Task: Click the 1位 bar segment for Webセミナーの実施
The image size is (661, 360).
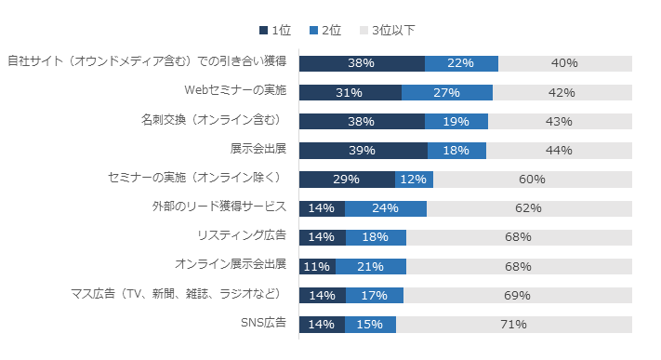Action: click(350, 92)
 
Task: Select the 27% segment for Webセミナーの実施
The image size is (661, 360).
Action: click(446, 92)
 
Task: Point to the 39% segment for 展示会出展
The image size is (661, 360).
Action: click(363, 151)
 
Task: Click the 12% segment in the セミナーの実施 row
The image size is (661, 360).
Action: click(414, 180)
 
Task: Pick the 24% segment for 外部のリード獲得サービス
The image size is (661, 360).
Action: click(385, 208)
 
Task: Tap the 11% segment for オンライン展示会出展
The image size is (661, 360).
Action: click(317, 267)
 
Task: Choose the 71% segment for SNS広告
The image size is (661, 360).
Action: click(513, 325)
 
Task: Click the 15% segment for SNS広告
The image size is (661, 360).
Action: click(370, 325)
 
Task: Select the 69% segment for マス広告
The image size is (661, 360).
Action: click(517, 296)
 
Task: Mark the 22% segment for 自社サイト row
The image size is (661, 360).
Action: click(461, 63)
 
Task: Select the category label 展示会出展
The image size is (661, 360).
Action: click(258, 149)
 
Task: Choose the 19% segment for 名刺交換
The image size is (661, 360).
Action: click(456, 121)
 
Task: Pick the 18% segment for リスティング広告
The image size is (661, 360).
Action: click(376, 237)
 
